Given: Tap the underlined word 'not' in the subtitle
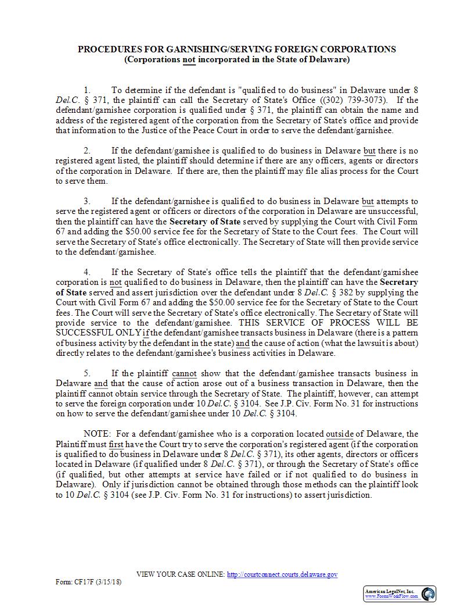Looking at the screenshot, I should [x=189, y=59].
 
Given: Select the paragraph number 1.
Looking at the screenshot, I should [x=87, y=90].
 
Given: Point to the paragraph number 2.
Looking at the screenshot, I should [x=87, y=151].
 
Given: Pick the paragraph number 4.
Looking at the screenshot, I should [x=87, y=272].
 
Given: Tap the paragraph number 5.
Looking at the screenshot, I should [x=87, y=373].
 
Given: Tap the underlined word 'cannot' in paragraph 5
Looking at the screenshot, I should [x=184, y=373].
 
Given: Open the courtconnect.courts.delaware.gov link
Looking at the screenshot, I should [x=282, y=574].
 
